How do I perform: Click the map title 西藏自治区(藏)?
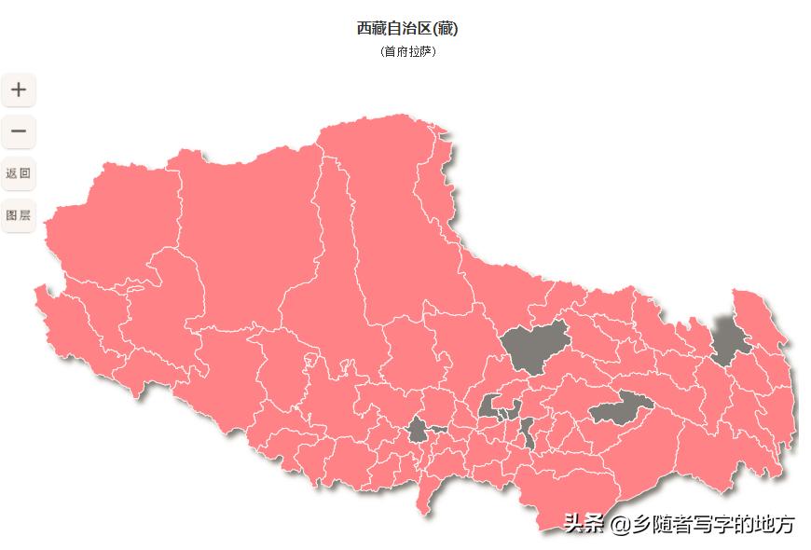click(x=407, y=28)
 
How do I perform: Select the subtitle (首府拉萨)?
click(x=408, y=51)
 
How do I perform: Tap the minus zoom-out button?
click(x=19, y=131)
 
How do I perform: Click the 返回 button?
click(x=19, y=173)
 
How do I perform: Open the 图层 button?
click(x=19, y=215)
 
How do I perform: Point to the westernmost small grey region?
click(x=418, y=431)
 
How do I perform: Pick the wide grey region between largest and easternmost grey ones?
click(x=620, y=407)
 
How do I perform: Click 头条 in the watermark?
click(x=584, y=525)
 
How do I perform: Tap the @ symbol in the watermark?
click(x=621, y=525)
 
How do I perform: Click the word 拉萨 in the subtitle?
click(x=420, y=51)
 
